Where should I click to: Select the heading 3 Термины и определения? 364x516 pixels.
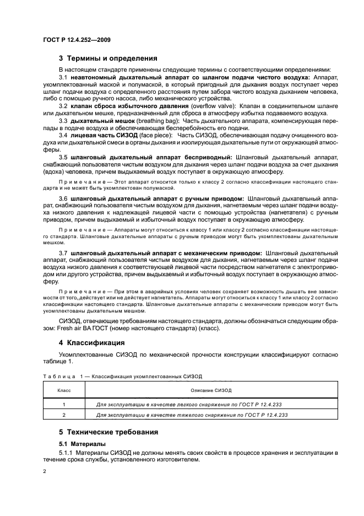[x=108, y=58]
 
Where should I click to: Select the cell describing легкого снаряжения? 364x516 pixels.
[x=191, y=404]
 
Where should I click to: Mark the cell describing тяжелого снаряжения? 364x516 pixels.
[x=192, y=415]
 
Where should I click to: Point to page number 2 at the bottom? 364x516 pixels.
[x=45, y=472]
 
